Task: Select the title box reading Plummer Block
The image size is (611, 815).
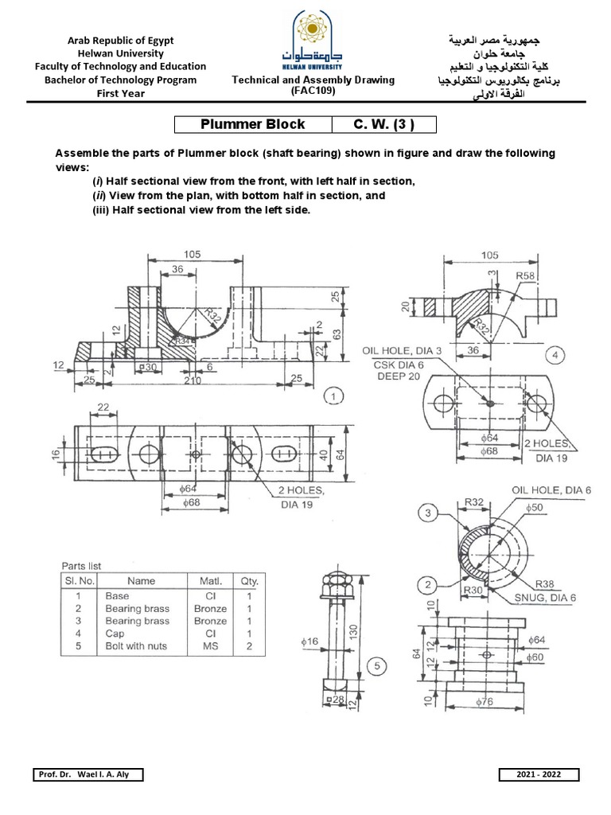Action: pyautogui.click(x=252, y=125)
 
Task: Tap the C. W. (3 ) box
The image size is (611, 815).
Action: pyautogui.click(x=383, y=125)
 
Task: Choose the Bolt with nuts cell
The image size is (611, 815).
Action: pyautogui.click(x=136, y=645)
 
